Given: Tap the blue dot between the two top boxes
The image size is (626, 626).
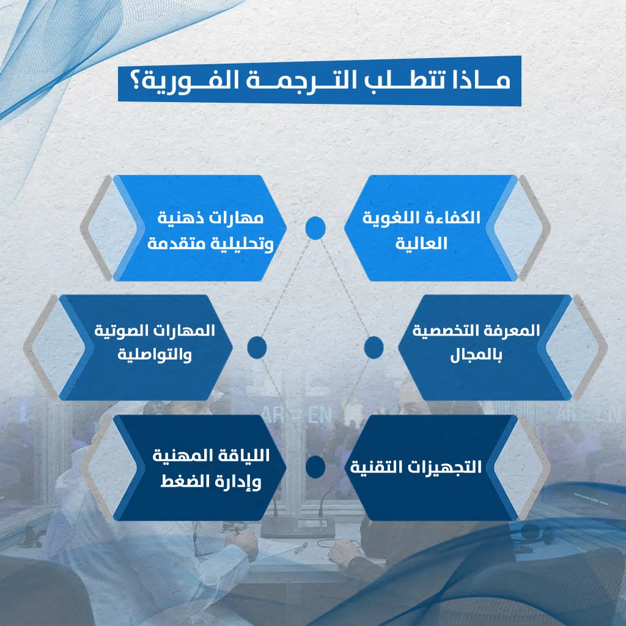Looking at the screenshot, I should coord(315,228).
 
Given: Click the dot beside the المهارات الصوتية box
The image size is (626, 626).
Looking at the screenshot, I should coord(257,347).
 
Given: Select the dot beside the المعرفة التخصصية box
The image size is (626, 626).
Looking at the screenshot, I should coord(374,347).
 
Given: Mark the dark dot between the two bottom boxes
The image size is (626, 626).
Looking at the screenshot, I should coord(315,467).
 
